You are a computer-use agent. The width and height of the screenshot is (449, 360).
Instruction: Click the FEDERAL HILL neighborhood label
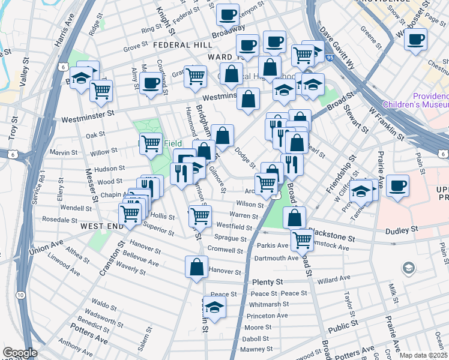[x=182, y=45]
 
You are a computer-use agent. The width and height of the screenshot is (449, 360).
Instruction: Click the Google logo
[x=20, y=352]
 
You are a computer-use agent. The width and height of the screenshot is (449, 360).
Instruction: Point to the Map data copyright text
[x=424, y=355]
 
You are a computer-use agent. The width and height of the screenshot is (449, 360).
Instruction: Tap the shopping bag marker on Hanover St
[x=196, y=268]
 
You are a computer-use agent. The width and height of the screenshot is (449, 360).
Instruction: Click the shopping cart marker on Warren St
[x=200, y=216]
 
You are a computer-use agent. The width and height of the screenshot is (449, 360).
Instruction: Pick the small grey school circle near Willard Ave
[x=408, y=268]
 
